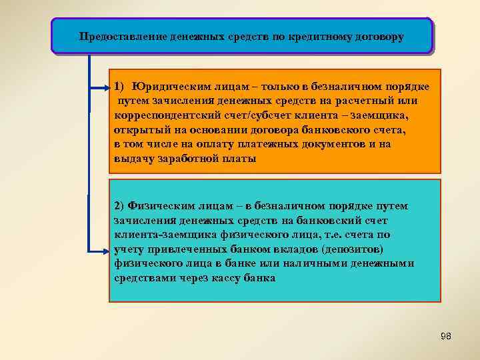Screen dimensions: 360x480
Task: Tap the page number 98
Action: [446, 337]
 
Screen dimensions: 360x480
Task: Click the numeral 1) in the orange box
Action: [119, 87]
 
